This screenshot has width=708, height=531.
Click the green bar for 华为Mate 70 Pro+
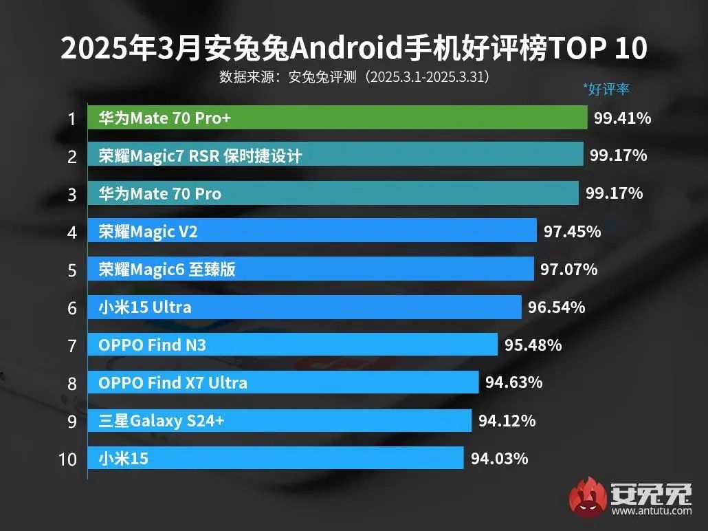(337, 118)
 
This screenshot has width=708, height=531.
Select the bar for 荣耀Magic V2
(312, 231)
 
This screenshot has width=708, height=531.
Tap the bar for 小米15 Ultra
(305, 307)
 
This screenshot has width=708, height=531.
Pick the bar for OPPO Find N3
(292, 345)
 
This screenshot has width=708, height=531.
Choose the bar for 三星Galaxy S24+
(280, 420)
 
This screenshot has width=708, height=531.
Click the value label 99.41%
(622, 118)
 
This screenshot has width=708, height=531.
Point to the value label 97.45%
(572, 232)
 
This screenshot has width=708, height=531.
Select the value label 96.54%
(556, 307)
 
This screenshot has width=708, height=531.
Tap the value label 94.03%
(499, 458)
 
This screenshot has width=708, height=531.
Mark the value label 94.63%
(513, 382)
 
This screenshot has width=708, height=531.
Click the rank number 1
(71, 119)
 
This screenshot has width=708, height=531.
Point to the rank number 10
(68, 459)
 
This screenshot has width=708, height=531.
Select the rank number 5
(71, 270)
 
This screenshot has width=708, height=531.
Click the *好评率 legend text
(606, 89)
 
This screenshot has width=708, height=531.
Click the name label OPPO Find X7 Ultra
(173, 382)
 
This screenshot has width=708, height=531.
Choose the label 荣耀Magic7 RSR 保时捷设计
(200, 156)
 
